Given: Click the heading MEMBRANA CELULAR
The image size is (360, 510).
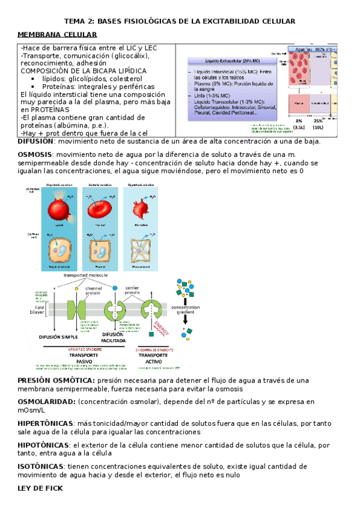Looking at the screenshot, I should (x=58, y=35).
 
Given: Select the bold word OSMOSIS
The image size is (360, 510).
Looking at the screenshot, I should (x=34, y=155).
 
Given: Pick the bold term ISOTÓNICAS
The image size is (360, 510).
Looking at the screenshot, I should (x=41, y=466).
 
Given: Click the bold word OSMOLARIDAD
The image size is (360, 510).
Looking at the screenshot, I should (x=46, y=401).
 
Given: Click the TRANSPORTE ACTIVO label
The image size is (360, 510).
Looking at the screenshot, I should (x=153, y=358).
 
